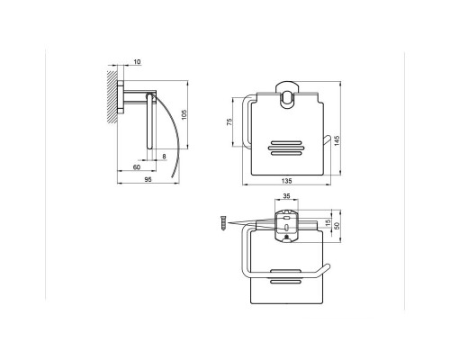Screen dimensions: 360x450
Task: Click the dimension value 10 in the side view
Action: point(136,62)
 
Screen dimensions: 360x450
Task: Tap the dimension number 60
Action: point(136,168)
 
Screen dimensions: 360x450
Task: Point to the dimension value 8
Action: point(164,158)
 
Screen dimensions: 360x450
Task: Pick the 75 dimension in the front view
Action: point(229,121)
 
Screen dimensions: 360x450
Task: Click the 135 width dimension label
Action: point(286,180)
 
